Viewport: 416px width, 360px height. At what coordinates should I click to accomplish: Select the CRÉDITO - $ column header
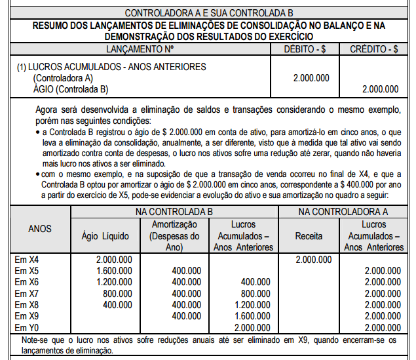374,49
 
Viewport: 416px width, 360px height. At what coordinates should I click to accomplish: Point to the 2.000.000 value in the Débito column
312,78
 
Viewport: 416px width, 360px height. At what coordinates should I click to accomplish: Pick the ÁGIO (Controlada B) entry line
70,89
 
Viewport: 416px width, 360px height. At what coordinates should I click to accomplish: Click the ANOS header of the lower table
40,230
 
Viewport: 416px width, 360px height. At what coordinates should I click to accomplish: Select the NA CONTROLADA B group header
174,212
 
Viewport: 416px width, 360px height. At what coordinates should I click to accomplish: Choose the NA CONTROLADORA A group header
343,212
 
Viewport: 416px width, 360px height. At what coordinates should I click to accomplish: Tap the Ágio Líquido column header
105,236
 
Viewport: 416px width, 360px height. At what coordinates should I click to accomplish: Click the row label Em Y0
28,327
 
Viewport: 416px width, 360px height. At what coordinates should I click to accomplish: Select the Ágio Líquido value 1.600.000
113,271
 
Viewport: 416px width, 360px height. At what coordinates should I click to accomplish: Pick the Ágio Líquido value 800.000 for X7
117,293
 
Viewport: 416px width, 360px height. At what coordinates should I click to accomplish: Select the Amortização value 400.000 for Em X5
186,271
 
